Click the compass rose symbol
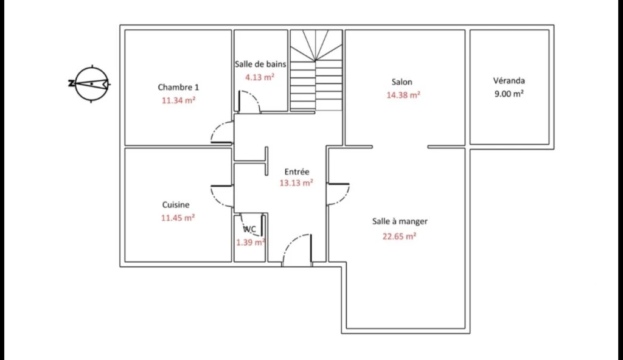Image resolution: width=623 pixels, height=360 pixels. tap(91, 84)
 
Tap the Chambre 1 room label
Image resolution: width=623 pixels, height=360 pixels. tap(178, 87)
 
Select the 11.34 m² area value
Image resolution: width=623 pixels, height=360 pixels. tap(178, 100)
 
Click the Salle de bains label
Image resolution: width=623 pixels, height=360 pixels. tap(260, 64)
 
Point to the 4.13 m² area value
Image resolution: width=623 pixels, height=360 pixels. tap(260, 77)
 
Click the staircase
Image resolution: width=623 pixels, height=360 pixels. tap(316, 71)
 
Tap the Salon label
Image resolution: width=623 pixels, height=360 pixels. tap(402, 82)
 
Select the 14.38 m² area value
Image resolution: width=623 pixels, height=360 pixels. tap(403, 95)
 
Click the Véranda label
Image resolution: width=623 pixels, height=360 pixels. tap(509, 81)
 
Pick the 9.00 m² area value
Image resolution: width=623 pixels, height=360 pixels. tap(509, 94)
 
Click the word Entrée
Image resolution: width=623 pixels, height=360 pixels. tap(297, 171)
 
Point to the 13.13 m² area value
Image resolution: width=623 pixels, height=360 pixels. tap(296, 183)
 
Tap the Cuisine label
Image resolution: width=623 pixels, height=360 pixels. tap(176, 205)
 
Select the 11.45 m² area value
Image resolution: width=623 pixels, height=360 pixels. tap(178, 218)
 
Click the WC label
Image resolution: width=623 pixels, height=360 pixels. tap(249, 229)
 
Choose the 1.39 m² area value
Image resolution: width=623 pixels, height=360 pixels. tap(251, 242)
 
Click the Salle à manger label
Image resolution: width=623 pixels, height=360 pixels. tap(400, 221)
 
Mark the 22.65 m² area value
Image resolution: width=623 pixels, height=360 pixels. tap(399, 236)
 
